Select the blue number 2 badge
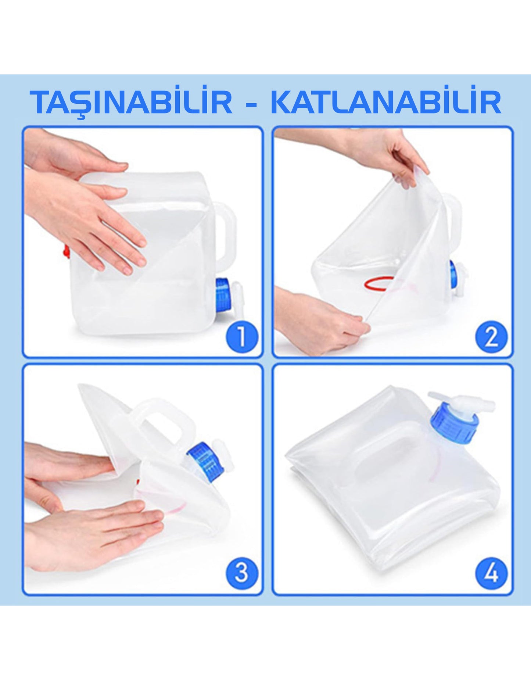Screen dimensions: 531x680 491,337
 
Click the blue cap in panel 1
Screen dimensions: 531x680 223,295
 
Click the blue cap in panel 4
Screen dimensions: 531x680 454,422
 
